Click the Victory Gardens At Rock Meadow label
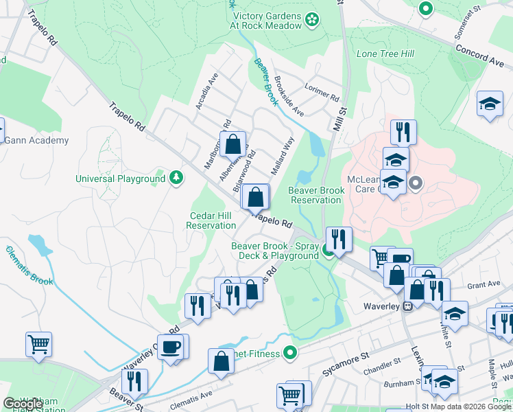click(267, 21)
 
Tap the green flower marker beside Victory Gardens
click(313, 19)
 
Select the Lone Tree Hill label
click(381, 54)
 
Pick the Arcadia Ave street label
click(206, 91)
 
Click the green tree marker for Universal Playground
click(177, 179)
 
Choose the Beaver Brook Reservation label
click(315, 195)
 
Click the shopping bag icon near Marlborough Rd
click(232, 144)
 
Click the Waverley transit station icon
click(407, 306)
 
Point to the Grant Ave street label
click(484, 284)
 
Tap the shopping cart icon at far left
click(39, 344)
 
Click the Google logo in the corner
click(23, 403)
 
